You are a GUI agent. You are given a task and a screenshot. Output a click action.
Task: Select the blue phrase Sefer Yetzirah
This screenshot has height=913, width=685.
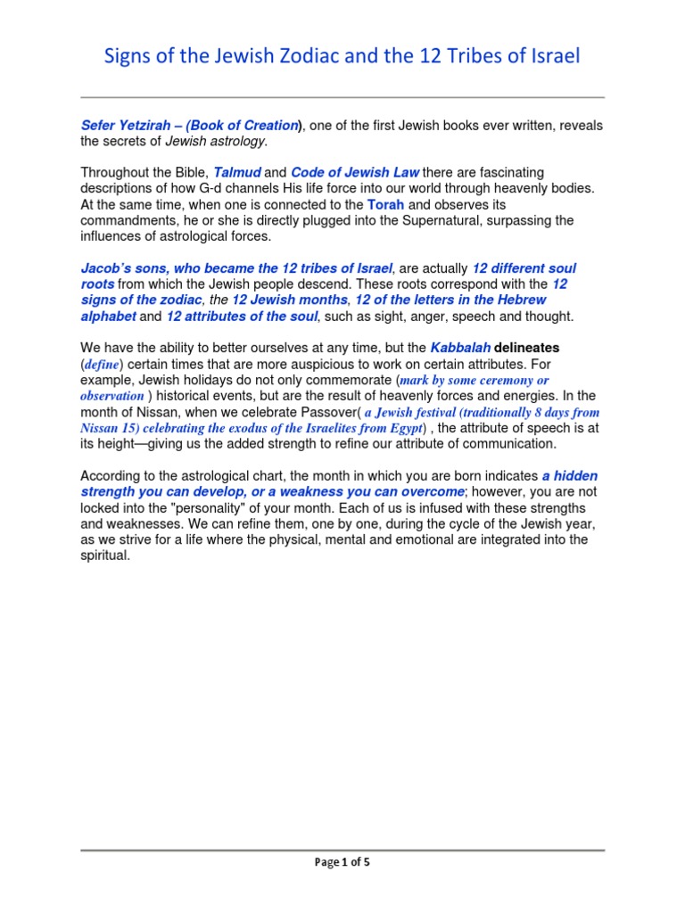[123, 126]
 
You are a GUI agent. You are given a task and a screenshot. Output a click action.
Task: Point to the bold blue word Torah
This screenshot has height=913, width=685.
[385, 204]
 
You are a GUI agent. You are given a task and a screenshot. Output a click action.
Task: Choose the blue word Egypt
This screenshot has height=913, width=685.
[400, 428]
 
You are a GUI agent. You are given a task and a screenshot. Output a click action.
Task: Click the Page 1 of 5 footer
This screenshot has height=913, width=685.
[342, 862]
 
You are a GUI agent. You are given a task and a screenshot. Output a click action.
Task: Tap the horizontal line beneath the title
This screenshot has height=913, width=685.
[342, 97]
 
